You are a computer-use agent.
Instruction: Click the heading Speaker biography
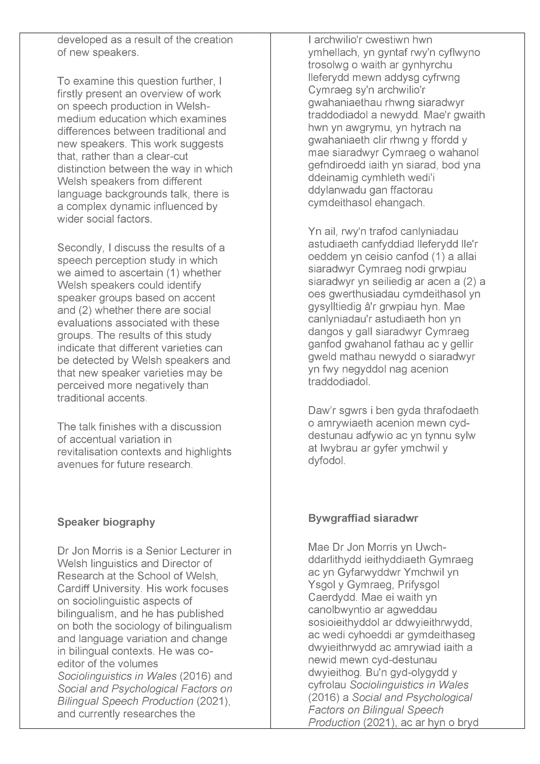(106, 522)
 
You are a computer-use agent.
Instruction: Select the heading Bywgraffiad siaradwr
(363, 518)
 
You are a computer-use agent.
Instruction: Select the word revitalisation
(88, 452)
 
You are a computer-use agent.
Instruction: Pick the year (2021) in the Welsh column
(378, 722)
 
